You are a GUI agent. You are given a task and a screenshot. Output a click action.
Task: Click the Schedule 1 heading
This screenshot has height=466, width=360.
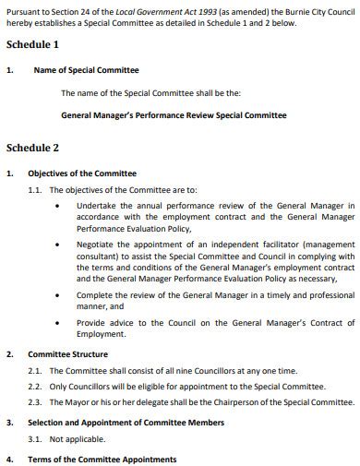coord(32,44)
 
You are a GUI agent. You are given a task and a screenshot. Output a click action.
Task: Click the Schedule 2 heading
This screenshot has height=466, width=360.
coord(32,148)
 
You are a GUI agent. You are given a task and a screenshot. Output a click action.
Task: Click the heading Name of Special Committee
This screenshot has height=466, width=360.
coord(86,70)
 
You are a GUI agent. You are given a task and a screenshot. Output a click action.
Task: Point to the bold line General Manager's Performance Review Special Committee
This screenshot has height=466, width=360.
coord(174,116)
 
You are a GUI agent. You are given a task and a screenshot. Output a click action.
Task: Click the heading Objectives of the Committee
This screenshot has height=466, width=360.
coord(82,173)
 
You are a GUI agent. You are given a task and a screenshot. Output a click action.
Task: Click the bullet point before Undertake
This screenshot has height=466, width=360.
coord(60,206)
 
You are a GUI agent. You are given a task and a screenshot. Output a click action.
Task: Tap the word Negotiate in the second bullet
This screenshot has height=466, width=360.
coord(98,245)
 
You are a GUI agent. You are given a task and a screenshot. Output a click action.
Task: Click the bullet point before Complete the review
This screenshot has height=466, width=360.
coord(60,295)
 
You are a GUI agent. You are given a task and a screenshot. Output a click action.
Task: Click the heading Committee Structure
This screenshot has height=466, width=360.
coord(67,353)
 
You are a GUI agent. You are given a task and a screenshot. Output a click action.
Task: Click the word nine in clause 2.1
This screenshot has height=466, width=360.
coord(193,370)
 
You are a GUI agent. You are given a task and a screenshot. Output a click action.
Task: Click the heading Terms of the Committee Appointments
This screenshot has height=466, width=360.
coord(102,459)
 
